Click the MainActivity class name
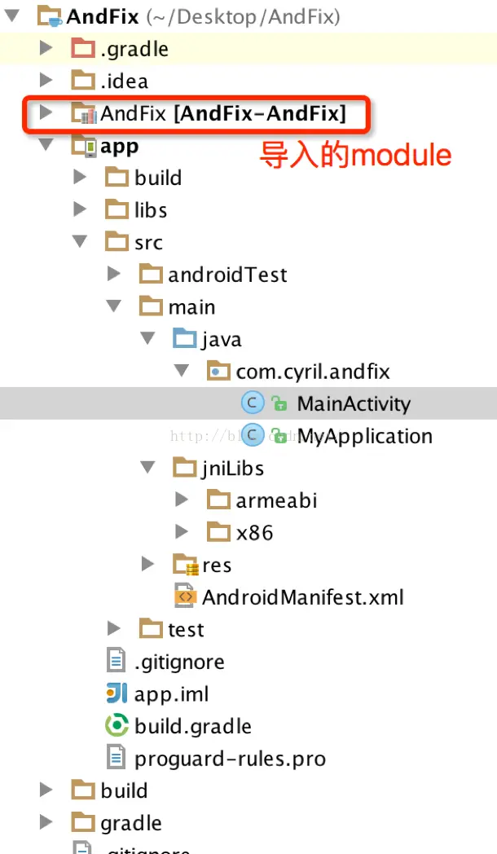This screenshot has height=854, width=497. [354, 403]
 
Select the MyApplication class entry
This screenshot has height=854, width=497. [364, 436]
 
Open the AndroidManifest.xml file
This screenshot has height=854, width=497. [303, 597]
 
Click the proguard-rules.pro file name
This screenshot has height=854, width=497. [230, 759]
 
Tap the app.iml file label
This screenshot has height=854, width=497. [172, 694]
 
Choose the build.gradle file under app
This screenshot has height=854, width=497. [193, 726]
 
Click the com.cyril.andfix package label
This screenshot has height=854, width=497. [313, 372]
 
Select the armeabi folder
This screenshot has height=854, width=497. [276, 500]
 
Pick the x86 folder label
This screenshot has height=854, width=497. [254, 533]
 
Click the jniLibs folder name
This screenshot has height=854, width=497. [232, 469]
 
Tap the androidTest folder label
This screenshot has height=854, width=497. [227, 275]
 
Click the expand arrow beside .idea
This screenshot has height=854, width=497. [46, 81]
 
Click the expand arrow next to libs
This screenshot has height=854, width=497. [80, 209]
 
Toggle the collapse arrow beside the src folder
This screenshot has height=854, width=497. [80, 242]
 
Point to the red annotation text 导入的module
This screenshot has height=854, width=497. [355, 155]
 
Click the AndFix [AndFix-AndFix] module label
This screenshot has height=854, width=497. [223, 114]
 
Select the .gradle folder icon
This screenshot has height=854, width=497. [82, 49]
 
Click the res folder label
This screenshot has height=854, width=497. [217, 565]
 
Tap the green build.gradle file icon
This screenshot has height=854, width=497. [117, 725]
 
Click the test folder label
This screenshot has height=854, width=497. [186, 629]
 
